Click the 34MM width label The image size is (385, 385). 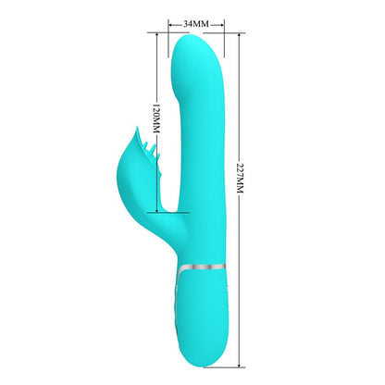click(x=194, y=20)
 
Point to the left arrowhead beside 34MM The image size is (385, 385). click(x=172, y=20)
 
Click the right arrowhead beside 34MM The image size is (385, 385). click(x=217, y=20)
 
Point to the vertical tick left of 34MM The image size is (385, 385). click(x=169, y=20)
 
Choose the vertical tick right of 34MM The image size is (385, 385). click(x=220, y=20)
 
